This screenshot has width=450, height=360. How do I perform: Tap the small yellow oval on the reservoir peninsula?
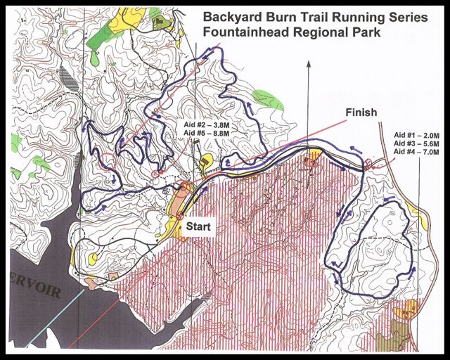92,257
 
